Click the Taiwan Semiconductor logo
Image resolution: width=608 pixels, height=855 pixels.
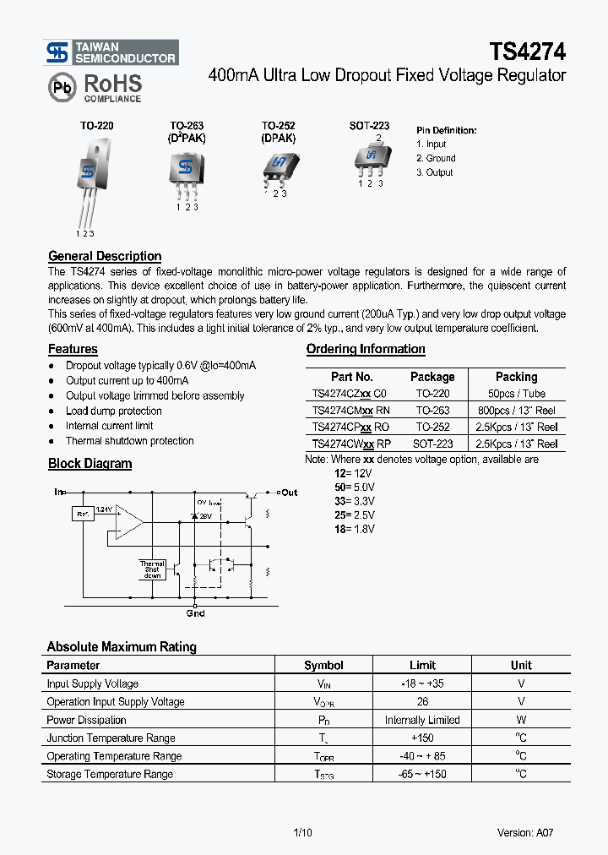pos(111,52)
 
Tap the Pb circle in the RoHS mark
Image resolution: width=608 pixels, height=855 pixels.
pos(62,87)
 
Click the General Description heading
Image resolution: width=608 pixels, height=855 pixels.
pos(105,256)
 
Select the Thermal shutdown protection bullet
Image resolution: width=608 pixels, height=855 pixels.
pos(129,441)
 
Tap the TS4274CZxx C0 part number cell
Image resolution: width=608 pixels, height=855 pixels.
pos(349,394)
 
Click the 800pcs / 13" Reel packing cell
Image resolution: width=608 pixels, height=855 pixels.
pos(516,411)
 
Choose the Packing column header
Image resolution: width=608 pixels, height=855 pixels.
pos(516,377)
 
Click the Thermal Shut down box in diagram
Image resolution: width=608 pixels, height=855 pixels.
pos(152,569)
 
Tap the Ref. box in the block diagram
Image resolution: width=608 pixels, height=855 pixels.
pos(83,514)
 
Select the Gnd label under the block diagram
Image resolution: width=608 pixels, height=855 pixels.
pos(195,613)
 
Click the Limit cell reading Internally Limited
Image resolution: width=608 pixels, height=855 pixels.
pos(422,720)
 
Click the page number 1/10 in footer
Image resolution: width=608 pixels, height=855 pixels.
pos(302,832)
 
